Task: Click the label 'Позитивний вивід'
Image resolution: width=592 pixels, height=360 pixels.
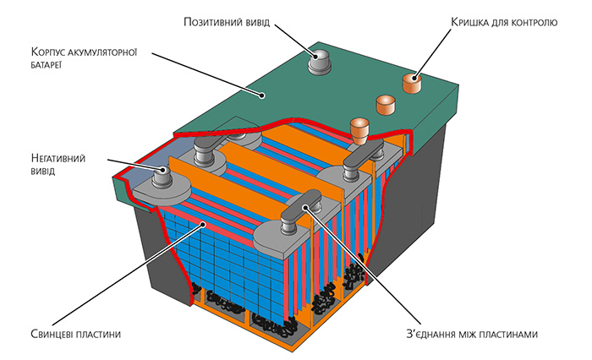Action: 227,22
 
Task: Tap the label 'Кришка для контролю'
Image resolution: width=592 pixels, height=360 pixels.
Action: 504,22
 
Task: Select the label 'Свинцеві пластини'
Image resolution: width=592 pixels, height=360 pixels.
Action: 76,334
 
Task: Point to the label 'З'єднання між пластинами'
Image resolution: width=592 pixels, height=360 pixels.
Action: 472,334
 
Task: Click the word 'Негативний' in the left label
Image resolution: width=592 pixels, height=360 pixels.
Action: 58,158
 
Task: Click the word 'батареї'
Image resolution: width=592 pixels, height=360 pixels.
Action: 46,65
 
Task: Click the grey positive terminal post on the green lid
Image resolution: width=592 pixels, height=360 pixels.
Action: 319,60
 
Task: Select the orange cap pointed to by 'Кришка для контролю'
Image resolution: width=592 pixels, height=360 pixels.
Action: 412,83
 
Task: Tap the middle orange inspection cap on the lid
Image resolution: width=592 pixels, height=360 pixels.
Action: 386,105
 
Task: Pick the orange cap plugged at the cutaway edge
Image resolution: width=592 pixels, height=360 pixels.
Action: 359,131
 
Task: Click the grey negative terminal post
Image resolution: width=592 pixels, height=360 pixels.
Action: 162,177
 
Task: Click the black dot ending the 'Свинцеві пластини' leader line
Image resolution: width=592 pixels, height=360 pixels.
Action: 203,225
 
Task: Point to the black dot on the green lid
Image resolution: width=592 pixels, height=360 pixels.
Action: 261,95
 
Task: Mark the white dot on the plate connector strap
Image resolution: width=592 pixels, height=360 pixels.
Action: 304,207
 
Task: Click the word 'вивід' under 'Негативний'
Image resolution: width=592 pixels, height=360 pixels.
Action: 43,172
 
